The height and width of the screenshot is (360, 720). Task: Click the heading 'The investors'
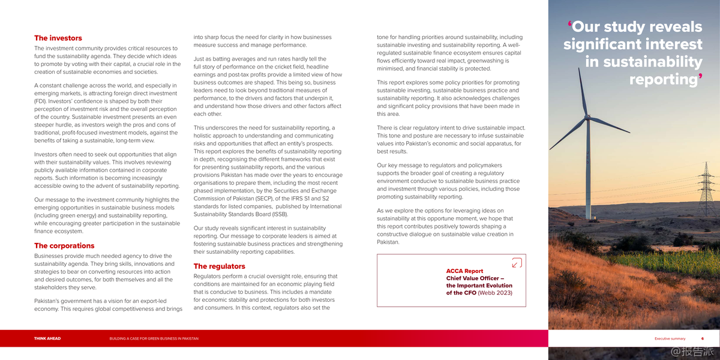pyautogui.click(x=58, y=38)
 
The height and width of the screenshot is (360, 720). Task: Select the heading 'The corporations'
pyautogui.click(x=64, y=245)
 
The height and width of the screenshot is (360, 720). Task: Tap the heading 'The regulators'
pyautogui.click(x=219, y=266)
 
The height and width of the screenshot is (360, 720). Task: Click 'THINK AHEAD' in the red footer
pyautogui.click(x=47, y=338)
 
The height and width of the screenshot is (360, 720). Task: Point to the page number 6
pyautogui.click(x=703, y=338)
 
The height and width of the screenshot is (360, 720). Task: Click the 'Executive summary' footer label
pyautogui.click(x=670, y=338)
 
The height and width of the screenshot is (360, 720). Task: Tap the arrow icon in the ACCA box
pyautogui.click(x=517, y=262)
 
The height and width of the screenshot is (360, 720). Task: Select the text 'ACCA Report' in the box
pyautogui.click(x=464, y=271)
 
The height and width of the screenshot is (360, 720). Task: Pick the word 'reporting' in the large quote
pyautogui.click(x=663, y=80)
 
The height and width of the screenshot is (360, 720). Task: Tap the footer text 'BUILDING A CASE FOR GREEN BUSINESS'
pyautogui.click(x=154, y=338)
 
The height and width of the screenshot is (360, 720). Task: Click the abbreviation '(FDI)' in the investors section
pyautogui.click(x=42, y=101)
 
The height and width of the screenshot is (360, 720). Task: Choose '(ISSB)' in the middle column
pyautogui.click(x=278, y=214)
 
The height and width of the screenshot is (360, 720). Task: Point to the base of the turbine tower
pyautogui.click(x=589, y=217)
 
